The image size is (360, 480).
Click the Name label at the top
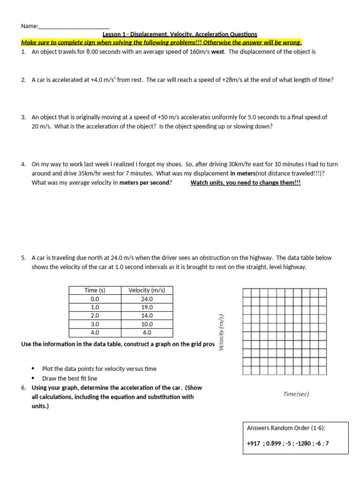click(x=29, y=26)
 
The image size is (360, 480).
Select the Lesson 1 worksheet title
click(x=180, y=34)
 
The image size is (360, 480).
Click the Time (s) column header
click(x=95, y=290)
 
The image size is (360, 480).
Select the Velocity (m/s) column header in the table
click(x=147, y=290)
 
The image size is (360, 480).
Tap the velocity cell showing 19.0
click(x=147, y=307)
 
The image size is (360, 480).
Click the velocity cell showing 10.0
click(x=147, y=324)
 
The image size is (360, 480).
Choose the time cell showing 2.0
click(x=95, y=315)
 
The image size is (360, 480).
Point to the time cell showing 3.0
click(x=95, y=324)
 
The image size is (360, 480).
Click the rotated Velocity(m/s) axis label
click(x=223, y=331)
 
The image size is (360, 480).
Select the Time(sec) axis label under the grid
click(x=296, y=394)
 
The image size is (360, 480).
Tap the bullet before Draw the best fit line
click(x=33, y=378)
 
